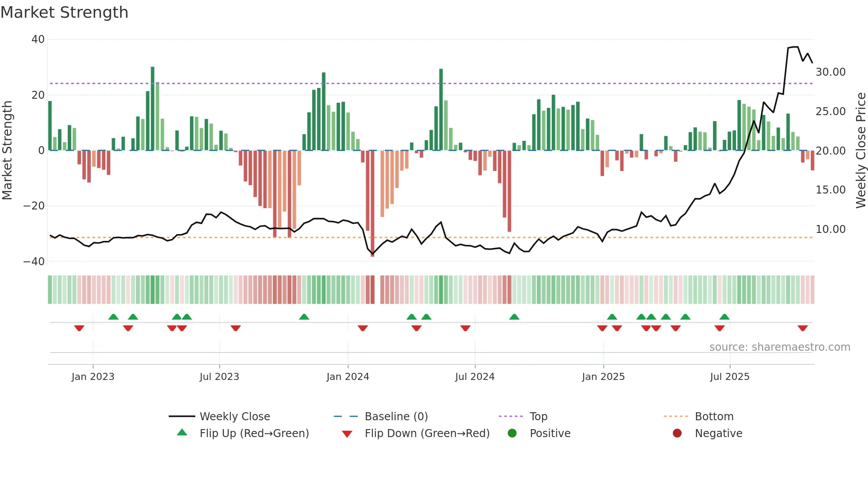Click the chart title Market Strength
click(64, 12)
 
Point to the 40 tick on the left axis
click(38, 39)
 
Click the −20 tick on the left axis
click(34, 206)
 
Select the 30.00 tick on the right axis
click(830, 72)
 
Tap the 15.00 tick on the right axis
click(830, 190)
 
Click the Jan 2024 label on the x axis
click(348, 377)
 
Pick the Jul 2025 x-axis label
click(729, 377)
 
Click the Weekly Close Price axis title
click(860, 151)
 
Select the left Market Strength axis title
click(8, 151)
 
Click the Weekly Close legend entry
click(234, 417)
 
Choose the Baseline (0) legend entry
click(396, 417)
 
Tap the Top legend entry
click(538, 417)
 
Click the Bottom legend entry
click(714, 417)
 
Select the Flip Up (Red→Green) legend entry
click(254, 434)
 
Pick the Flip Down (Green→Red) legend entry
click(427, 434)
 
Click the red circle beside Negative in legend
click(677, 434)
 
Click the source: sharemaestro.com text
click(779, 347)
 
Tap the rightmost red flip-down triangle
click(802, 328)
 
